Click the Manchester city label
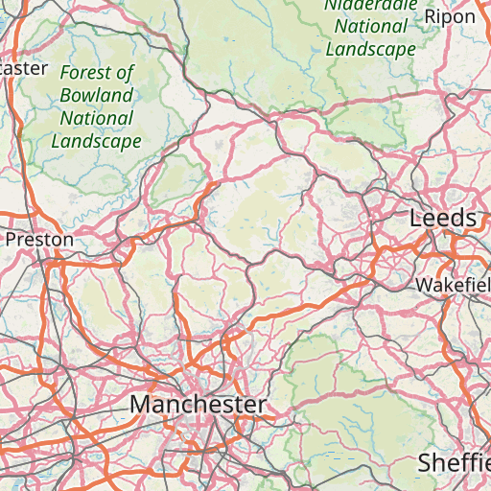[x=198, y=405]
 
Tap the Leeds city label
[x=443, y=219]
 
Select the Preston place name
[x=39, y=239]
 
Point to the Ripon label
[x=450, y=16]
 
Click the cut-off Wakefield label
[x=453, y=286]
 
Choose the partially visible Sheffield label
[x=454, y=463]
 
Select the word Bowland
[x=96, y=96]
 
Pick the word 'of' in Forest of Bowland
[x=124, y=73]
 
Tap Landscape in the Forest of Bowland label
[x=96, y=141]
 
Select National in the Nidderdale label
[x=370, y=27]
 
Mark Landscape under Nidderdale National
[x=370, y=49]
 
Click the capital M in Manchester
[x=140, y=405]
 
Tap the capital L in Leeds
[x=415, y=219]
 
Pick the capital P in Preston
[x=12, y=239]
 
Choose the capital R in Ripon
[x=431, y=16]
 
